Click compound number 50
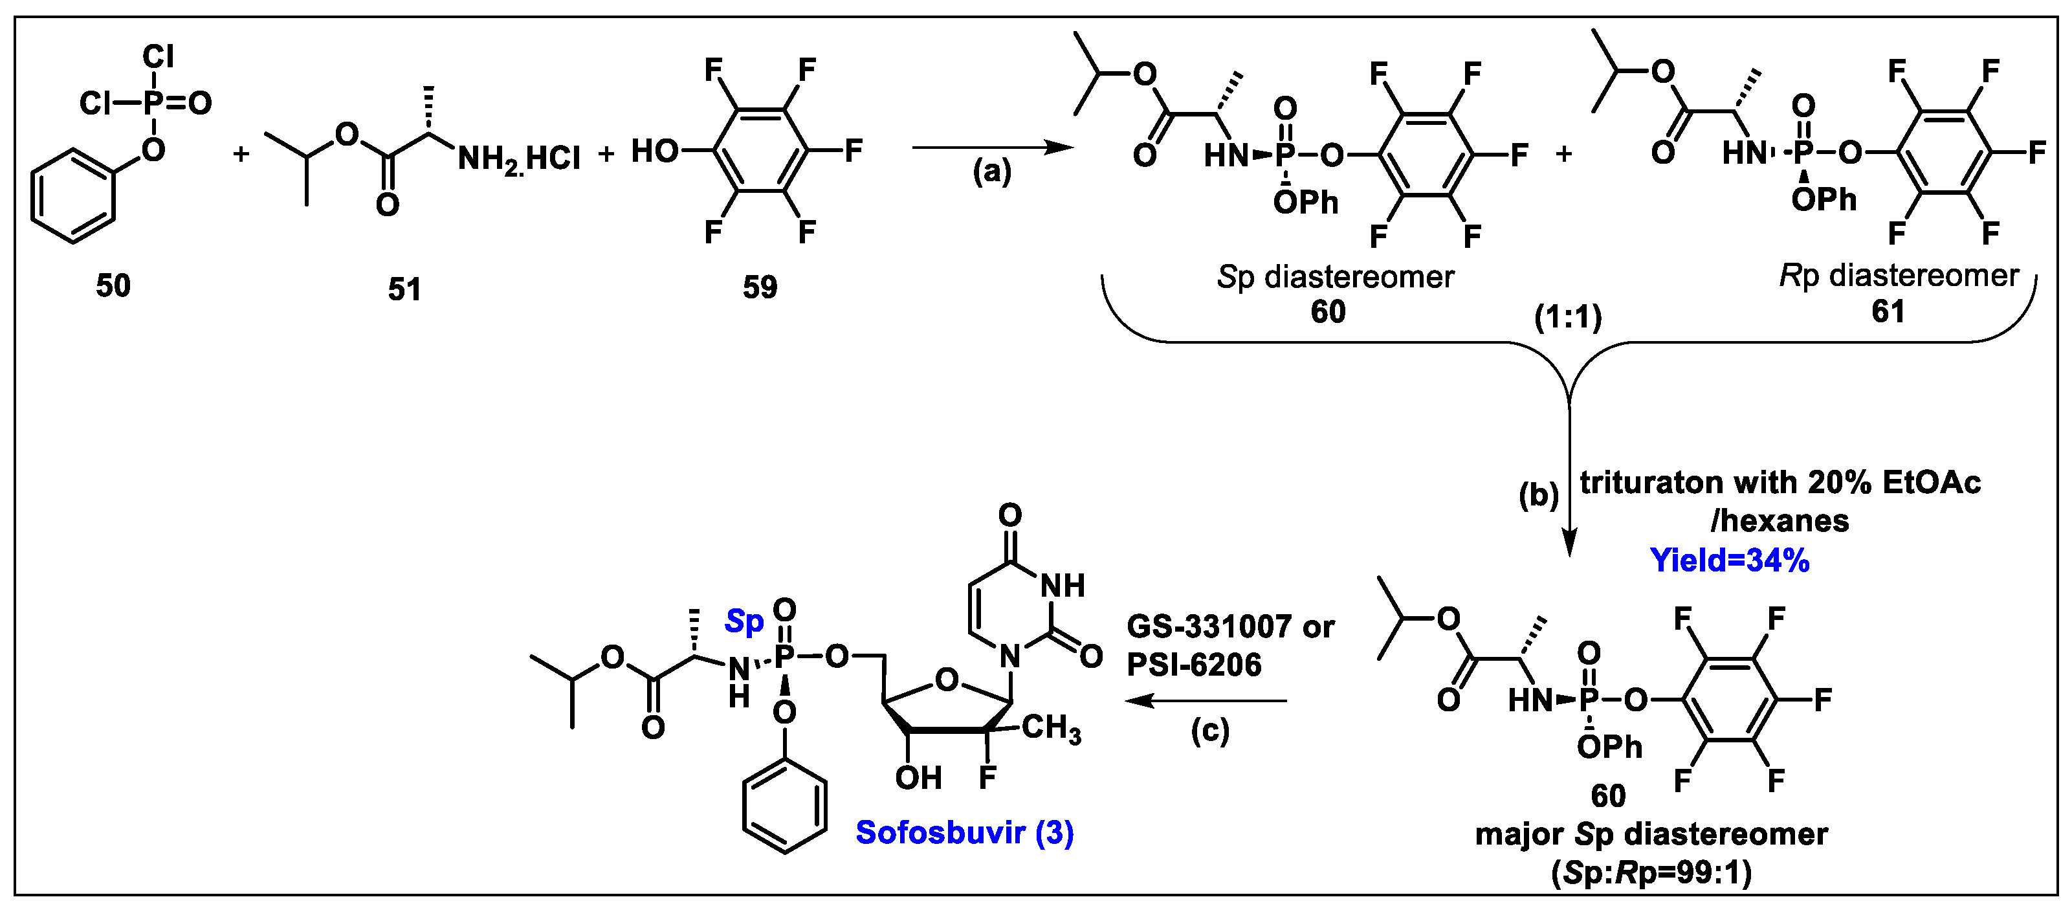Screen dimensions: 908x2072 pyautogui.click(x=113, y=285)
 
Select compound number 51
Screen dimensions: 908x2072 pyautogui.click(x=404, y=289)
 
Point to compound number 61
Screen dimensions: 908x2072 pyautogui.click(x=1888, y=311)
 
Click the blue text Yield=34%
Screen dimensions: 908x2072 pyautogui.click(x=1729, y=560)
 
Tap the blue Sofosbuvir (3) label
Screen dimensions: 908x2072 pyautogui.click(x=964, y=832)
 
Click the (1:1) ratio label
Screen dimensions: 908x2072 pyautogui.click(x=1568, y=318)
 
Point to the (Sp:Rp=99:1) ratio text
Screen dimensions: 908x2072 pyautogui.click(x=1651, y=872)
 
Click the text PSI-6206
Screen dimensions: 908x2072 pyautogui.click(x=1194, y=664)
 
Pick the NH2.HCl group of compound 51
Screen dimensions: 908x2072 pyautogui.click(x=519, y=159)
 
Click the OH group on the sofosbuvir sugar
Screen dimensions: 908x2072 pyautogui.click(x=918, y=778)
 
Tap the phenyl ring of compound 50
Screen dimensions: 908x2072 pyautogui.click(x=72, y=195)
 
